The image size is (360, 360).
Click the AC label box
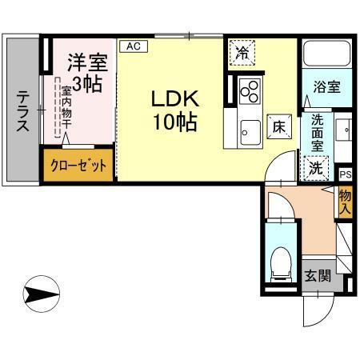(133, 46)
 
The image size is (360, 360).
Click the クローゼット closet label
(77, 166)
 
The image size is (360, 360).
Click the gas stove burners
(250, 90)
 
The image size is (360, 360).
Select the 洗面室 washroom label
(318, 134)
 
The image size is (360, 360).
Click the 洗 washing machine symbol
(317, 168)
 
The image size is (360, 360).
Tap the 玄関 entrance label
(318, 276)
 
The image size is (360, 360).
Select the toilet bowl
(280, 261)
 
